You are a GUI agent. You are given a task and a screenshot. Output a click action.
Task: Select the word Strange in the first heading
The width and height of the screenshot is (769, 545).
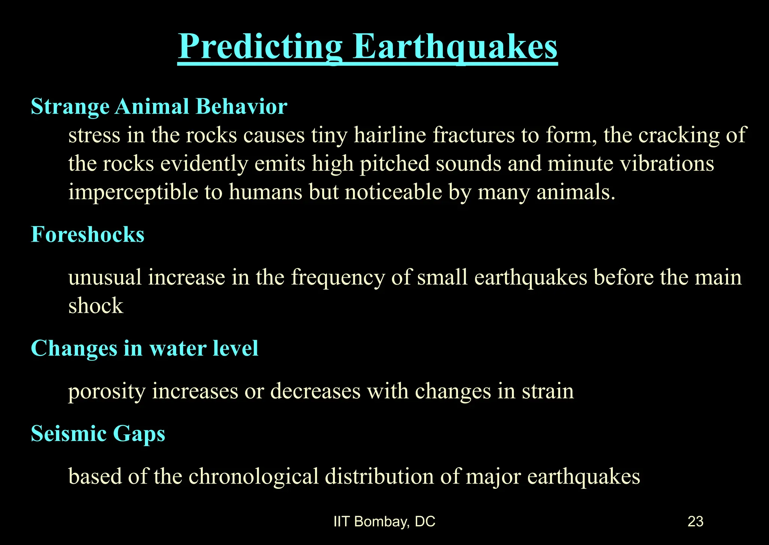[x=70, y=107]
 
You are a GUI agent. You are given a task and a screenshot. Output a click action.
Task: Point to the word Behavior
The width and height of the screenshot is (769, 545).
[x=241, y=107]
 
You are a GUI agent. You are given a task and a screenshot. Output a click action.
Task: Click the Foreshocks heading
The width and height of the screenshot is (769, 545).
[x=87, y=235]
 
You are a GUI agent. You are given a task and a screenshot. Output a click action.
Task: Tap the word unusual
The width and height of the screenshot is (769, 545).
[x=105, y=278]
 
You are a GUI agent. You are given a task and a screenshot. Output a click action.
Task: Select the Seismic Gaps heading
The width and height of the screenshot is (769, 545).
[x=98, y=434]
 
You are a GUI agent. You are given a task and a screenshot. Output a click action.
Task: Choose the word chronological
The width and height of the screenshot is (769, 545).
[x=253, y=477]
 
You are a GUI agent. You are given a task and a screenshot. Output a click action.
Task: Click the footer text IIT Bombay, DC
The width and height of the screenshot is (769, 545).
[x=384, y=522]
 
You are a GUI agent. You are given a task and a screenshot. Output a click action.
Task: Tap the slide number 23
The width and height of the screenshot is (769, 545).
[x=695, y=522]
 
